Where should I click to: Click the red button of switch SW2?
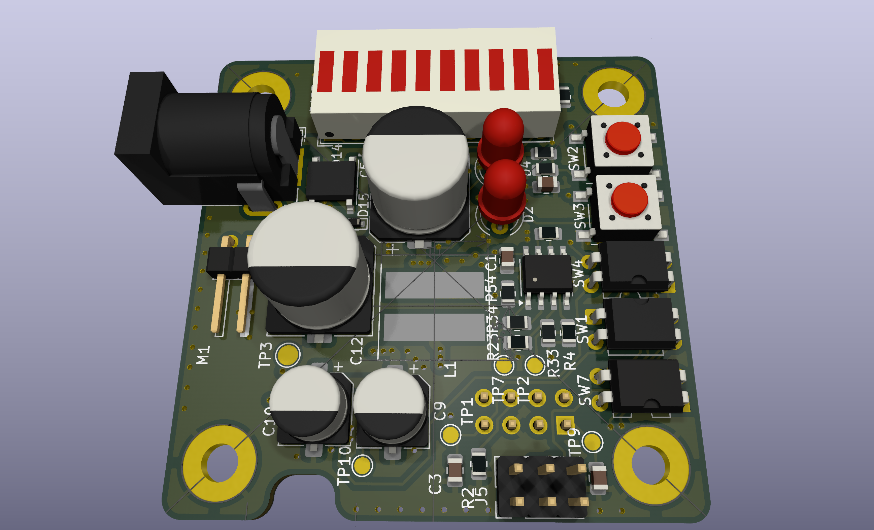623,138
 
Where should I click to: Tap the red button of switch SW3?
630,199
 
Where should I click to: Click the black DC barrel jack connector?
206,138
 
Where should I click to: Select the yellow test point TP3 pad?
287,354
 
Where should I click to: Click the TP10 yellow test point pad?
362,465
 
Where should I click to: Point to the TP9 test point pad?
592,442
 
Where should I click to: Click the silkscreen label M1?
203,355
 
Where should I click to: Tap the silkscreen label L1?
450,369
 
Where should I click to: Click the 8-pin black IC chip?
547,273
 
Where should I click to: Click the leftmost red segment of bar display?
326,72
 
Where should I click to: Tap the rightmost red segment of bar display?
545,69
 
